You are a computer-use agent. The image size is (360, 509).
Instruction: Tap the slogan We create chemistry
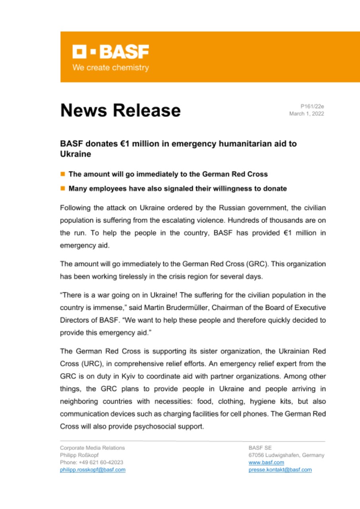click(110, 68)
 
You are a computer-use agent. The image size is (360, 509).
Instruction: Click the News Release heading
click(120, 110)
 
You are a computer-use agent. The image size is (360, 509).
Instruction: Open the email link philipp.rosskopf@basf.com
click(93, 470)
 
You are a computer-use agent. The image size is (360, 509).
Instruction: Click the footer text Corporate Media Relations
click(92, 448)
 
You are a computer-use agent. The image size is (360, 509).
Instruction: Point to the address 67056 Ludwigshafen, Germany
click(286, 455)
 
